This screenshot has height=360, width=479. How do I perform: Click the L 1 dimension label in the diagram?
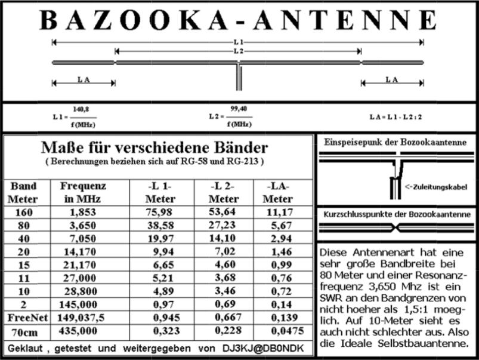click(x=238, y=42)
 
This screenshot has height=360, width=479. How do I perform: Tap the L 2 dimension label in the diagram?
click(x=238, y=52)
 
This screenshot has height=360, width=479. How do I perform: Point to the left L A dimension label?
click(x=84, y=79)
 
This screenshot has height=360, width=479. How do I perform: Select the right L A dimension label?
click(x=391, y=79)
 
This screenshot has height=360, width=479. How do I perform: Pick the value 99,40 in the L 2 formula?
click(x=238, y=109)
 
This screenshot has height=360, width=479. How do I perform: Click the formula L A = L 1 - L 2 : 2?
click(x=396, y=116)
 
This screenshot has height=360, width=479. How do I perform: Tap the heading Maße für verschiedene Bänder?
click(x=154, y=147)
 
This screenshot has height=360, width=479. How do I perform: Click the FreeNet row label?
click(x=24, y=316)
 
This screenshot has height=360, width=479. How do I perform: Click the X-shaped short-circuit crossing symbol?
click(x=395, y=227)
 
